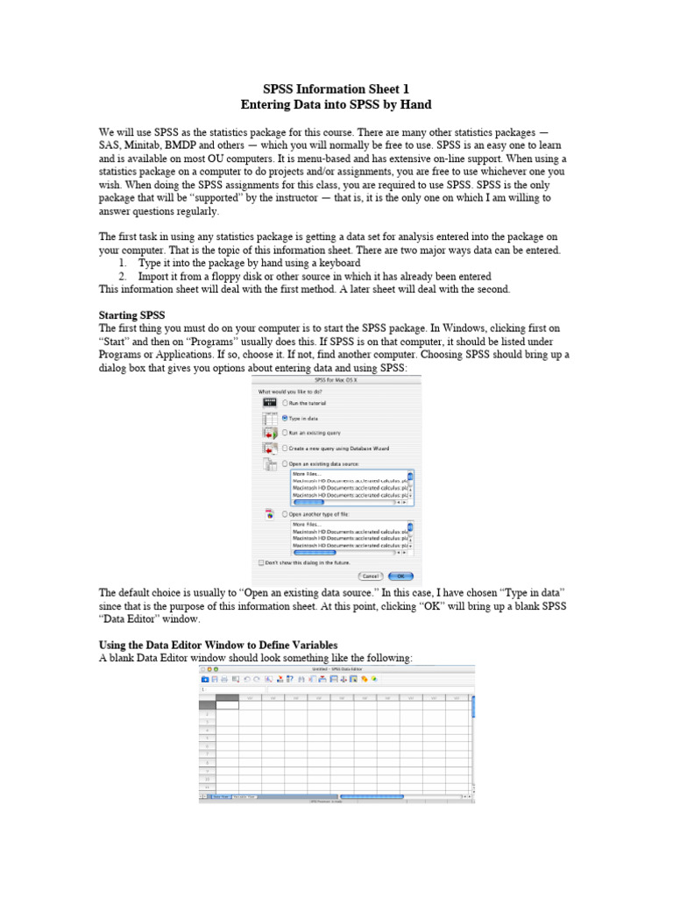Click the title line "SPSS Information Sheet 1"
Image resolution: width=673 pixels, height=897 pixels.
[336, 89]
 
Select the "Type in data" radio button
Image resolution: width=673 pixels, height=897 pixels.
[285, 418]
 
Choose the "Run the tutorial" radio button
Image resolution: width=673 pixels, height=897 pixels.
[285, 402]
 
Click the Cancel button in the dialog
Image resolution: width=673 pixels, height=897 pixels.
[369, 576]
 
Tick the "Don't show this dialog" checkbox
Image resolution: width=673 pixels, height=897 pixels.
[261, 562]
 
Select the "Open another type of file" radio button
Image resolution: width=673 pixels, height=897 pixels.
[285, 513]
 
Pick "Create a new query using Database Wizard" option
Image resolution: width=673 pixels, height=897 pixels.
[285, 448]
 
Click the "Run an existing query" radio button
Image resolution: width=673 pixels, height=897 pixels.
[285, 433]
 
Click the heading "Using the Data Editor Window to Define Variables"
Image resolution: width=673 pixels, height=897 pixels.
[218, 644]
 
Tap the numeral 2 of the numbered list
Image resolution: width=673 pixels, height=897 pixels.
[124, 275]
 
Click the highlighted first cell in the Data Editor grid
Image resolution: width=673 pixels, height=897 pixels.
[227, 703]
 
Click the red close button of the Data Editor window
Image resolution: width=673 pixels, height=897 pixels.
[204, 668]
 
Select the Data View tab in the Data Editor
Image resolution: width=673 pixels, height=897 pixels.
[216, 797]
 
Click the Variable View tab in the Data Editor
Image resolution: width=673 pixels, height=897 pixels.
[244, 797]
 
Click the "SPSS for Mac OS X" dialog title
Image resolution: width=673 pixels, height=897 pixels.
[336, 378]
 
